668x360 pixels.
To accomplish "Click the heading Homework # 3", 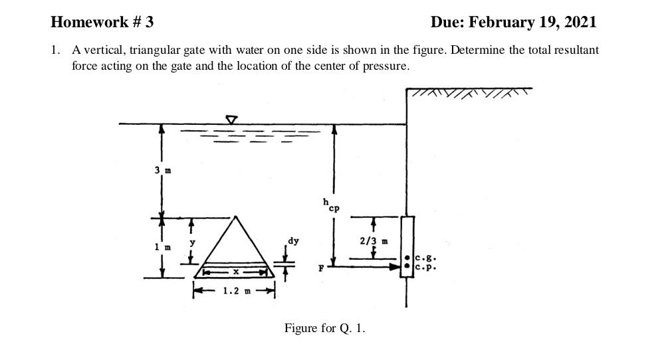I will click(102, 22).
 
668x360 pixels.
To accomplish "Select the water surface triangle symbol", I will click(231, 120).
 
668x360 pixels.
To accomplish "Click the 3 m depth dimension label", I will click(163, 170).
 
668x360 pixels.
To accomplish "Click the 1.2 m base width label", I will click(233, 290).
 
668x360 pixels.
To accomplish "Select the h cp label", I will click(329, 205).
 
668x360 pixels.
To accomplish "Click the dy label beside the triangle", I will click(292, 240).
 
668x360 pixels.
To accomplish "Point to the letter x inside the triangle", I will click(235, 271).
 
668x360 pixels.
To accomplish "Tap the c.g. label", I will click(425, 258).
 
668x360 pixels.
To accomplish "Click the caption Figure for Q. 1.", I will click(324, 328).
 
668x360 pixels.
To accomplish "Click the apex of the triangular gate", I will click(234, 217).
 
